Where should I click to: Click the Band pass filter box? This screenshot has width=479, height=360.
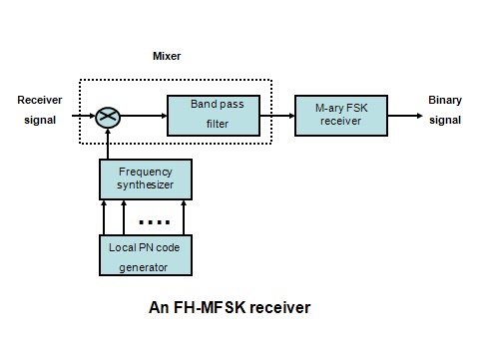(211, 115)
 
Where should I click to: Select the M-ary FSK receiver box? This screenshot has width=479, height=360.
(340, 115)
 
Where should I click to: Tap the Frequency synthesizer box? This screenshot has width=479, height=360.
(146, 179)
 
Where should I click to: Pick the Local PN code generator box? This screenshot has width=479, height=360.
(146, 254)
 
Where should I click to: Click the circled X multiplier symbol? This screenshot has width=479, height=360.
(108, 118)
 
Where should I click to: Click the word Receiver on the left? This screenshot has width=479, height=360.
(41, 100)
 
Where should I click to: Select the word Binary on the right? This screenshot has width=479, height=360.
(445, 100)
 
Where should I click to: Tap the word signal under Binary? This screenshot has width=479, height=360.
(445, 121)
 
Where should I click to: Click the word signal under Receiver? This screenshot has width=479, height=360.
(40, 121)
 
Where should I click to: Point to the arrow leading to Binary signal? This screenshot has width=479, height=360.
(403, 116)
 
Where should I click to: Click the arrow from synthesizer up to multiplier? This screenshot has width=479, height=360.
(108, 145)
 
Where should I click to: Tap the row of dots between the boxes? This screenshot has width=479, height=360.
(155, 220)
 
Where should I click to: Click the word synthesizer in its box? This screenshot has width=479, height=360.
(146, 185)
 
